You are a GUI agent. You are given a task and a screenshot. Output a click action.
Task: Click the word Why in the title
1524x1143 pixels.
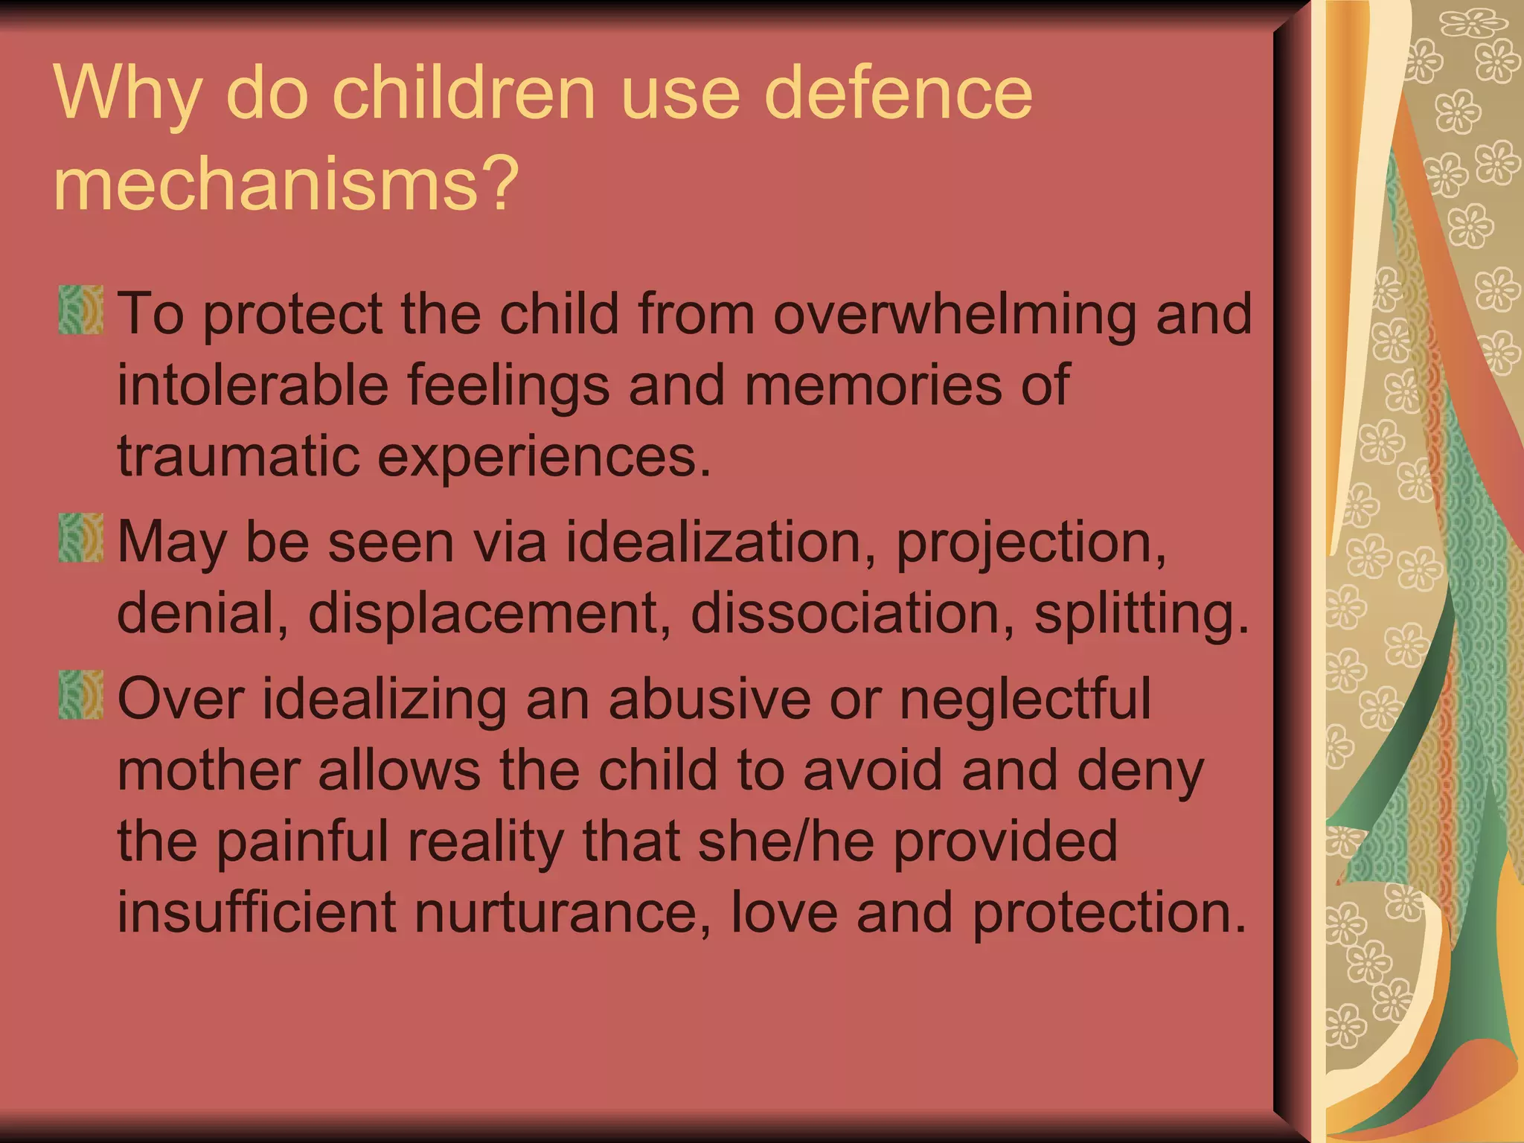tap(127, 93)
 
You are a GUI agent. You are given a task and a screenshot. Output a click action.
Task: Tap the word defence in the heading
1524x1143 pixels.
tap(898, 93)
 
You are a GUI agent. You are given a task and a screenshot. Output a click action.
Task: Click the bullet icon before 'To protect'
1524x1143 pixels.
tap(81, 309)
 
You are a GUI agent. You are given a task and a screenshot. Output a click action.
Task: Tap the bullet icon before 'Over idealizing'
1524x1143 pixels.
tap(81, 694)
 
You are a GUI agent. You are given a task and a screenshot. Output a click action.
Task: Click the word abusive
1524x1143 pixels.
tap(709, 699)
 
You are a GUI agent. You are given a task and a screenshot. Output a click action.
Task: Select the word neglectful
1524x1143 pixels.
tap(1025, 699)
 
